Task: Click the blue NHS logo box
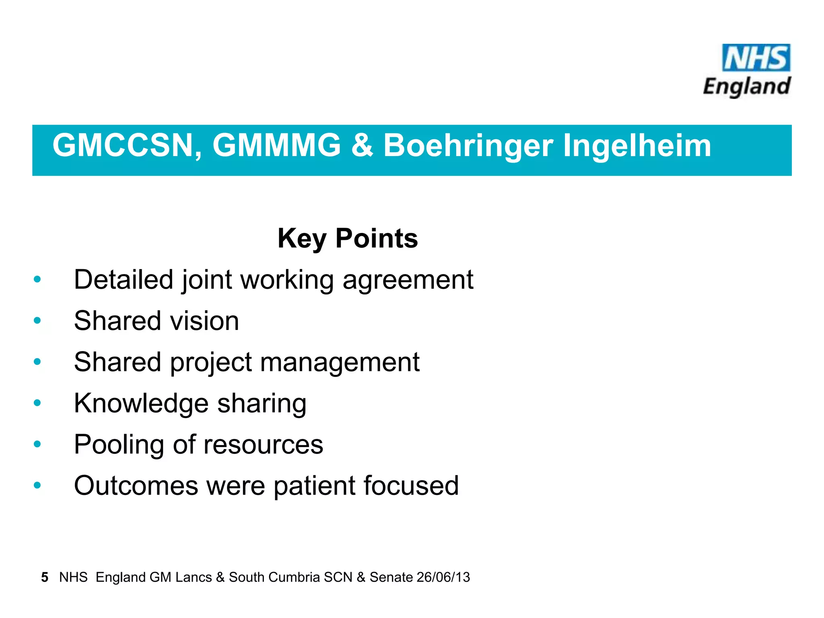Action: (x=756, y=58)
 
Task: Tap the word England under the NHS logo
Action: (x=747, y=87)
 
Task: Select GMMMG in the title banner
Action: (x=277, y=145)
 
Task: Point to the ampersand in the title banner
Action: (x=362, y=145)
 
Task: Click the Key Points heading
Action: (x=348, y=239)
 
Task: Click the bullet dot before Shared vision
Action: (x=37, y=321)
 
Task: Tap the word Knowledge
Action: (x=141, y=404)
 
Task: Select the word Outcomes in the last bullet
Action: (x=136, y=486)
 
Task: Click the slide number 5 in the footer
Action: (x=45, y=577)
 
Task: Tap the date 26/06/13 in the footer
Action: (x=443, y=577)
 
